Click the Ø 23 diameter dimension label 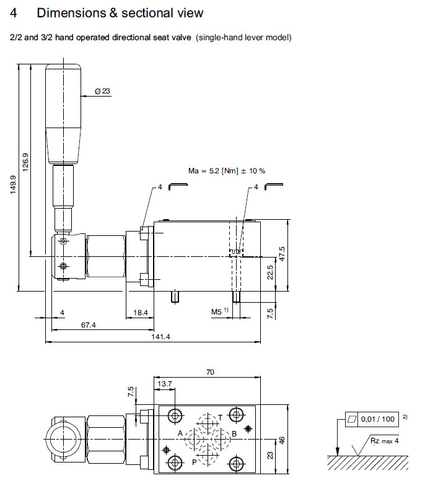click(x=102, y=91)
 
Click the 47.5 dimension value click(x=282, y=254)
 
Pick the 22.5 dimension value click(x=269, y=272)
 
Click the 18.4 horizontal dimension click(x=141, y=313)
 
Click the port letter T click(x=219, y=417)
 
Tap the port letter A click(x=180, y=433)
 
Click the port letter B click(x=234, y=433)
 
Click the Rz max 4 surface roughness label click(x=385, y=441)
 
